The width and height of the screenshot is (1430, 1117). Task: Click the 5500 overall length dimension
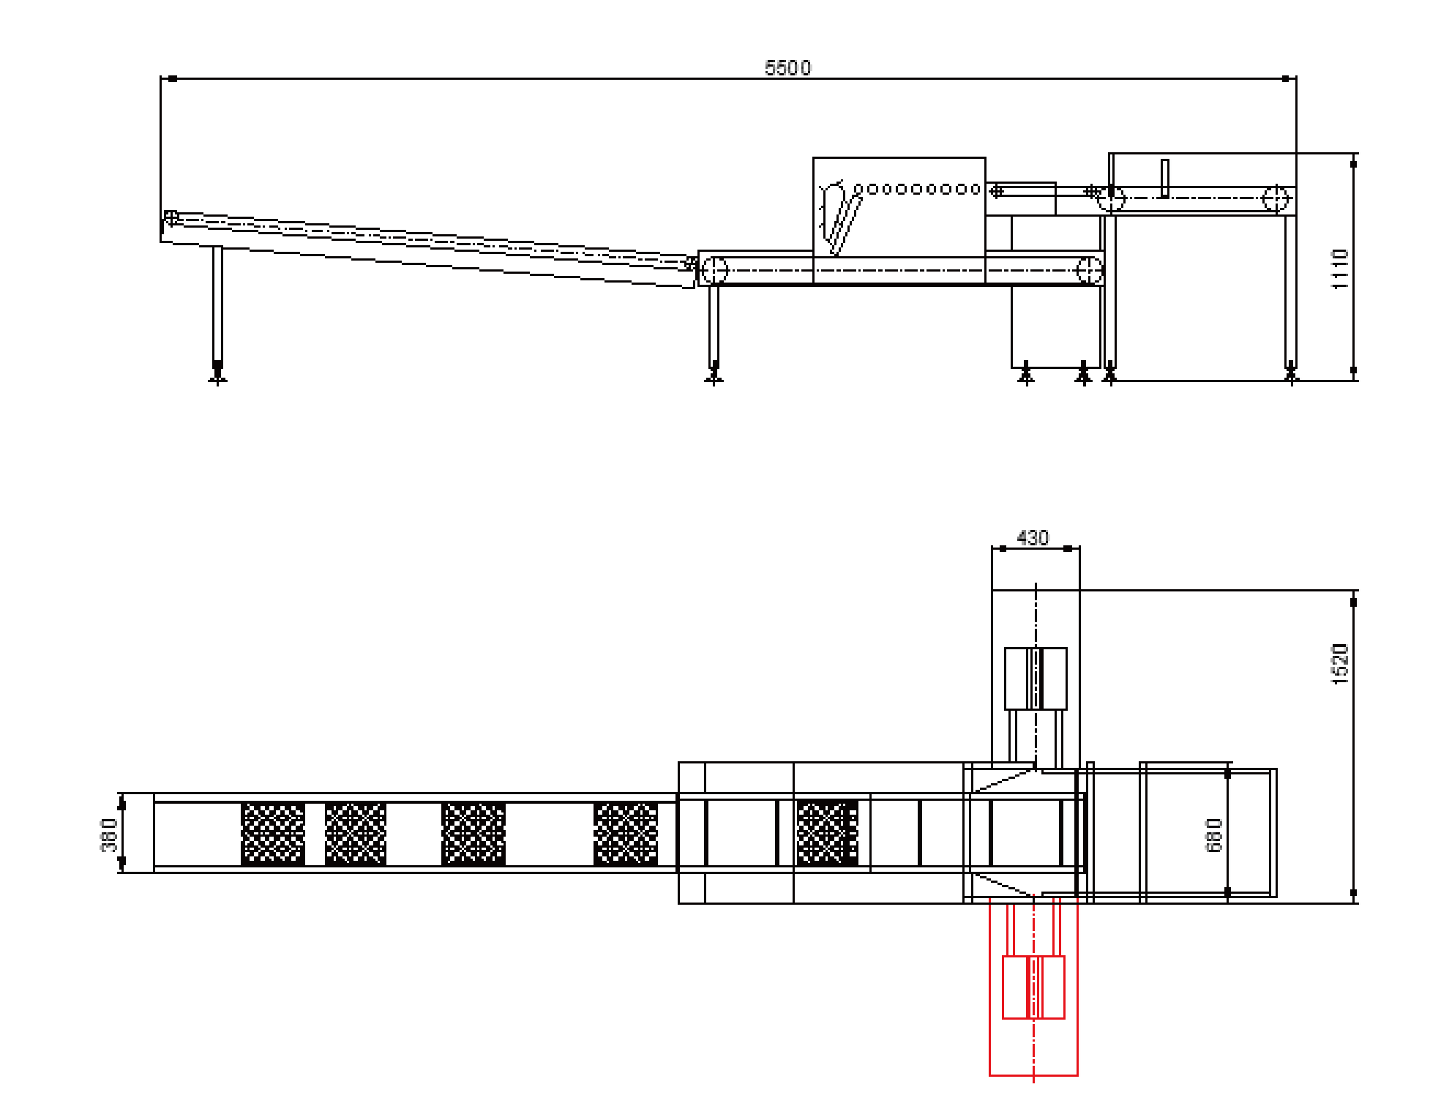(787, 68)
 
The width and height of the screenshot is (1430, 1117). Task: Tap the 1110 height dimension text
(1339, 269)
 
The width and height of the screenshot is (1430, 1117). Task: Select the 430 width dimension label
(1033, 538)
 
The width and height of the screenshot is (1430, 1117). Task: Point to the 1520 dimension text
(1339, 664)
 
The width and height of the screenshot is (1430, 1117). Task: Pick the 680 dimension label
(1213, 835)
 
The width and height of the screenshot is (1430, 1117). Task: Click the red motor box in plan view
(1033, 987)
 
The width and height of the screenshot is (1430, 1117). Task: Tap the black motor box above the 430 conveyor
(1036, 679)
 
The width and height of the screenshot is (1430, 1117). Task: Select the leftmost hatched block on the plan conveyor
(273, 834)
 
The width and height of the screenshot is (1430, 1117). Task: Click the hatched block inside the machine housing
(827, 833)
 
